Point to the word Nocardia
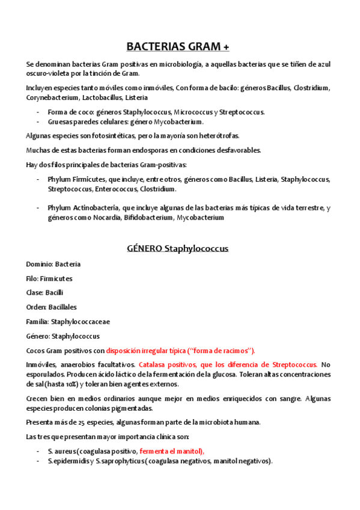click(106, 218)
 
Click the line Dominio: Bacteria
click(53, 264)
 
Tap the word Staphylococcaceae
click(80, 322)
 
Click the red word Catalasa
click(153, 365)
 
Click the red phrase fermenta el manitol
click(171, 451)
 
